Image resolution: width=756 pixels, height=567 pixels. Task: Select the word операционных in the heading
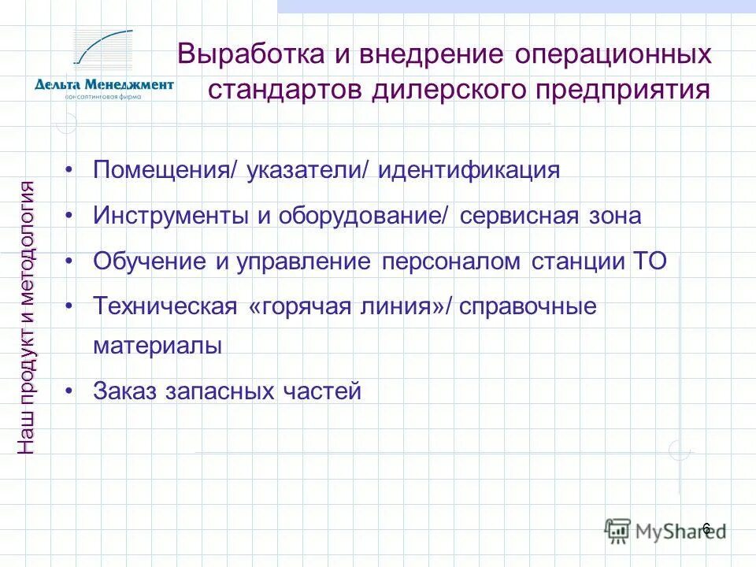pyautogui.click(x=614, y=55)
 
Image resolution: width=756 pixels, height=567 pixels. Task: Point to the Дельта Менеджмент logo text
pyautogui.click(x=104, y=85)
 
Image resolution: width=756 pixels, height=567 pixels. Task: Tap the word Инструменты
pyautogui.click(x=172, y=216)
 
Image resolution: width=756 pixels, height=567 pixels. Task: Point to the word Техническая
pyautogui.click(x=165, y=306)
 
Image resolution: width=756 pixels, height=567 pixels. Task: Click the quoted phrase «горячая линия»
pyautogui.click(x=346, y=306)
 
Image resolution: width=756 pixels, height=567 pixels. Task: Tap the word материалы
pyautogui.click(x=157, y=346)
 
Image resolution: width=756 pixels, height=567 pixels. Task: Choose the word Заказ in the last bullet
pyautogui.click(x=126, y=391)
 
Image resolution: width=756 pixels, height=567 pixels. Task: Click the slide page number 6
pyautogui.click(x=706, y=528)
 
